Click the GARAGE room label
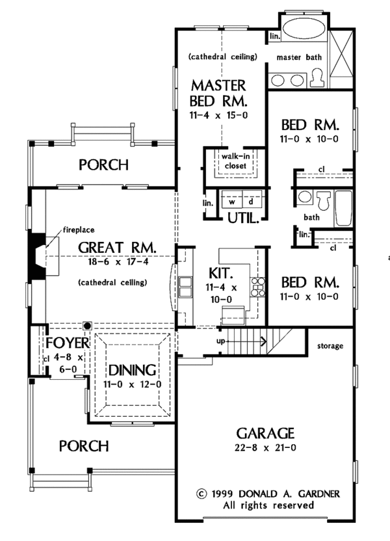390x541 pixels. coord(265,432)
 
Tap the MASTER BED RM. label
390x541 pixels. coord(218,93)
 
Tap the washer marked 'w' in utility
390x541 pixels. coord(231,202)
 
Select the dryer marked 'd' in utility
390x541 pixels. coord(250,202)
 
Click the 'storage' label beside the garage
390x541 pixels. coord(330,346)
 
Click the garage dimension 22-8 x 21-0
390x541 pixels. coord(265,448)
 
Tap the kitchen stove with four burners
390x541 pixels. coord(258,284)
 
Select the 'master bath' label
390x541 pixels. coord(299,57)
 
